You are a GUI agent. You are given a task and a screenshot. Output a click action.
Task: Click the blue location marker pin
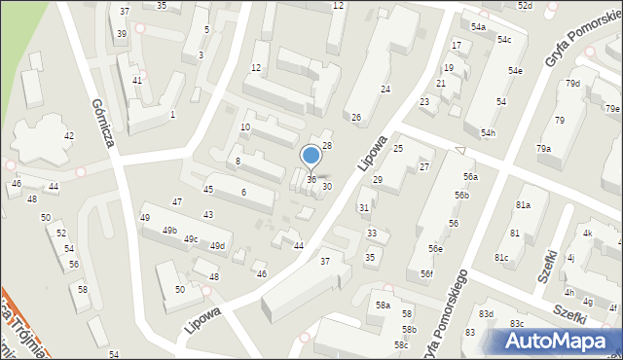(x=311, y=156)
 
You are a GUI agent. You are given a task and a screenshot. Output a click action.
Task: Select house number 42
(x=69, y=135)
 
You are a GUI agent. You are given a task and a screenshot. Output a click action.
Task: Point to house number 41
(x=137, y=80)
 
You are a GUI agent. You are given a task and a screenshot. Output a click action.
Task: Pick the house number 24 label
(x=385, y=90)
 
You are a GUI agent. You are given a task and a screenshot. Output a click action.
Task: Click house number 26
(x=356, y=118)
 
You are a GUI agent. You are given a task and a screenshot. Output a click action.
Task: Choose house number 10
(x=245, y=127)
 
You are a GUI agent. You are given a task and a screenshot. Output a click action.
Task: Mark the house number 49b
(x=170, y=231)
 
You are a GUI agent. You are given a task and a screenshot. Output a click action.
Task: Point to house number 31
(x=363, y=207)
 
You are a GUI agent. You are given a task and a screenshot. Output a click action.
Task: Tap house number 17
(x=456, y=46)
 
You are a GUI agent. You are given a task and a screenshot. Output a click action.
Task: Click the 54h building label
(x=488, y=133)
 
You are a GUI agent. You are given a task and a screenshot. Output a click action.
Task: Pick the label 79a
(x=543, y=148)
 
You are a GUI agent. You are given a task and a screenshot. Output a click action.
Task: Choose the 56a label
(x=471, y=176)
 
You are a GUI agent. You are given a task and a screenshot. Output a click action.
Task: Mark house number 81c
(x=500, y=257)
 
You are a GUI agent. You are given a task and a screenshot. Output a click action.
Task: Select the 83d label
(x=486, y=313)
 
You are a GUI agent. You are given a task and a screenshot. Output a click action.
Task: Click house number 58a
(x=384, y=306)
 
